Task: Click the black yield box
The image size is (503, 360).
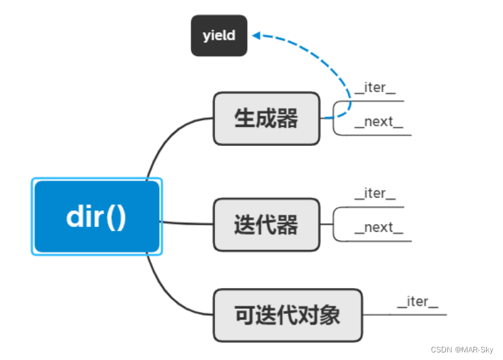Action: (x=219, y=35)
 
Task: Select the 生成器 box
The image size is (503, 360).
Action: (x=266, y=119)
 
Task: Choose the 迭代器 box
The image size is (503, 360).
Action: (x=266, y=224)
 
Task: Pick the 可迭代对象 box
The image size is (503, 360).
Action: (x=288, y=315)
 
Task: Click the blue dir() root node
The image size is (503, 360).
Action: (x=97, y=217)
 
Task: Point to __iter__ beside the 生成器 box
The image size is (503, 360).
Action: (x=375, y=88)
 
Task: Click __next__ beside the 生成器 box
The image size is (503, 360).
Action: (x=379, y=122)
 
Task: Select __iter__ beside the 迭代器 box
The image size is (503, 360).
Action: (x=375, y=194)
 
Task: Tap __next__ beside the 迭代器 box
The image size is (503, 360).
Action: (x=379, y=227)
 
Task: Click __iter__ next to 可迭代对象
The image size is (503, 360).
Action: (x=417, y=302)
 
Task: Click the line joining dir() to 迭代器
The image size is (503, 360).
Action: (x=186, y=223)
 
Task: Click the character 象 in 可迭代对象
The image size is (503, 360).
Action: (x=330, y=315)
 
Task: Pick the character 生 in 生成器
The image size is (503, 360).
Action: (x=245, y=119)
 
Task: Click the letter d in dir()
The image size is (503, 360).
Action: (x=76, y=217)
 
